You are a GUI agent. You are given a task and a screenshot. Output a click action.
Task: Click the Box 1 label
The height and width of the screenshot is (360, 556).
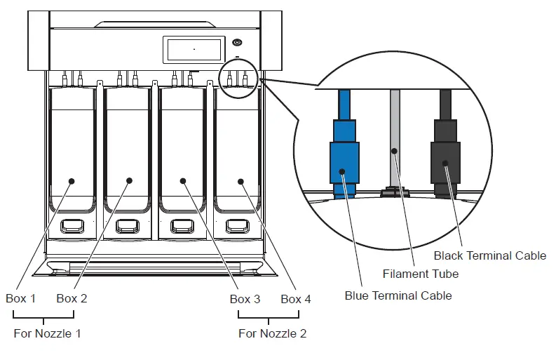click(x=20, y=298)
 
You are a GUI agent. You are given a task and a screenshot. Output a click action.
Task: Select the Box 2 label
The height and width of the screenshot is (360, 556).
click(x=72, y=298)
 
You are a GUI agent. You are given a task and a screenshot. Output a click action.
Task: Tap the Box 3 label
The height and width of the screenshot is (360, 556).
click(x=245, y=299)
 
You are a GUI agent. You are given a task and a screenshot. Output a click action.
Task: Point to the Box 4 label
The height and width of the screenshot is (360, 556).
click(x=296, y=299)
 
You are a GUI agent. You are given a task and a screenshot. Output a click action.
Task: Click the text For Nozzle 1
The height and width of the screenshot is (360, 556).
click(x=47, y=333)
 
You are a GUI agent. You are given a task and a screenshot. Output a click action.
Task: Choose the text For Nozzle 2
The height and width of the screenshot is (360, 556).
click(x=272, y=333)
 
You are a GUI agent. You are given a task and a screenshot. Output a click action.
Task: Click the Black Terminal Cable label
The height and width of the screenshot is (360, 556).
click(x=489, y=255)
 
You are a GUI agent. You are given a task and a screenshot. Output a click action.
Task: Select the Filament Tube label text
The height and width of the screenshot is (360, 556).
click(x=421, y=274)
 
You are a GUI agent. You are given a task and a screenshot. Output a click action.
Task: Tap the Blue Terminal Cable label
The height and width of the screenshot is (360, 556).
click(x=398, y=295)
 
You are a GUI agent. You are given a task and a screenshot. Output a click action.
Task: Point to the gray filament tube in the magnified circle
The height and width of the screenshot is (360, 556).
click(x=395, y=140)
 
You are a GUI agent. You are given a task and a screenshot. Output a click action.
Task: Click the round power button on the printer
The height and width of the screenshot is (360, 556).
click(x=238, y=43)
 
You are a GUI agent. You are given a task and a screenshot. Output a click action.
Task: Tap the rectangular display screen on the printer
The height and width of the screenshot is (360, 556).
click(x=192, y=50)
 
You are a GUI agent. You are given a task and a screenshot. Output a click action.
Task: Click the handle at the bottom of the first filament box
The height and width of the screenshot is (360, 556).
click(x=72, y=227)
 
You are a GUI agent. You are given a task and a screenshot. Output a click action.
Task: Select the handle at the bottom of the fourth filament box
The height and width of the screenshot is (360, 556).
click(x=238, y=227)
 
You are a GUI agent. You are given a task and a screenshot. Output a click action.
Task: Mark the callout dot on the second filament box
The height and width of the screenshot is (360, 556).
click(x=129, y=181)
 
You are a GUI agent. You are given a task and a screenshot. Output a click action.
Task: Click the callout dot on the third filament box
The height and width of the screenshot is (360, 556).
click(x=182, y=181)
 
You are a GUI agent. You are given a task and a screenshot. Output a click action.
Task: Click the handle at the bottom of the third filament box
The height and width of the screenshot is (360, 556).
click(x=182, y=227)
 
